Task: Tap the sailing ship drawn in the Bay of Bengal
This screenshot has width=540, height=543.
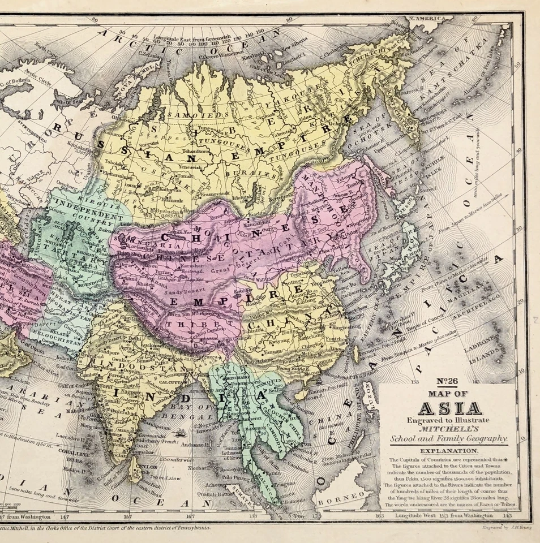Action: pyautogui.click(x=181, y=434)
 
